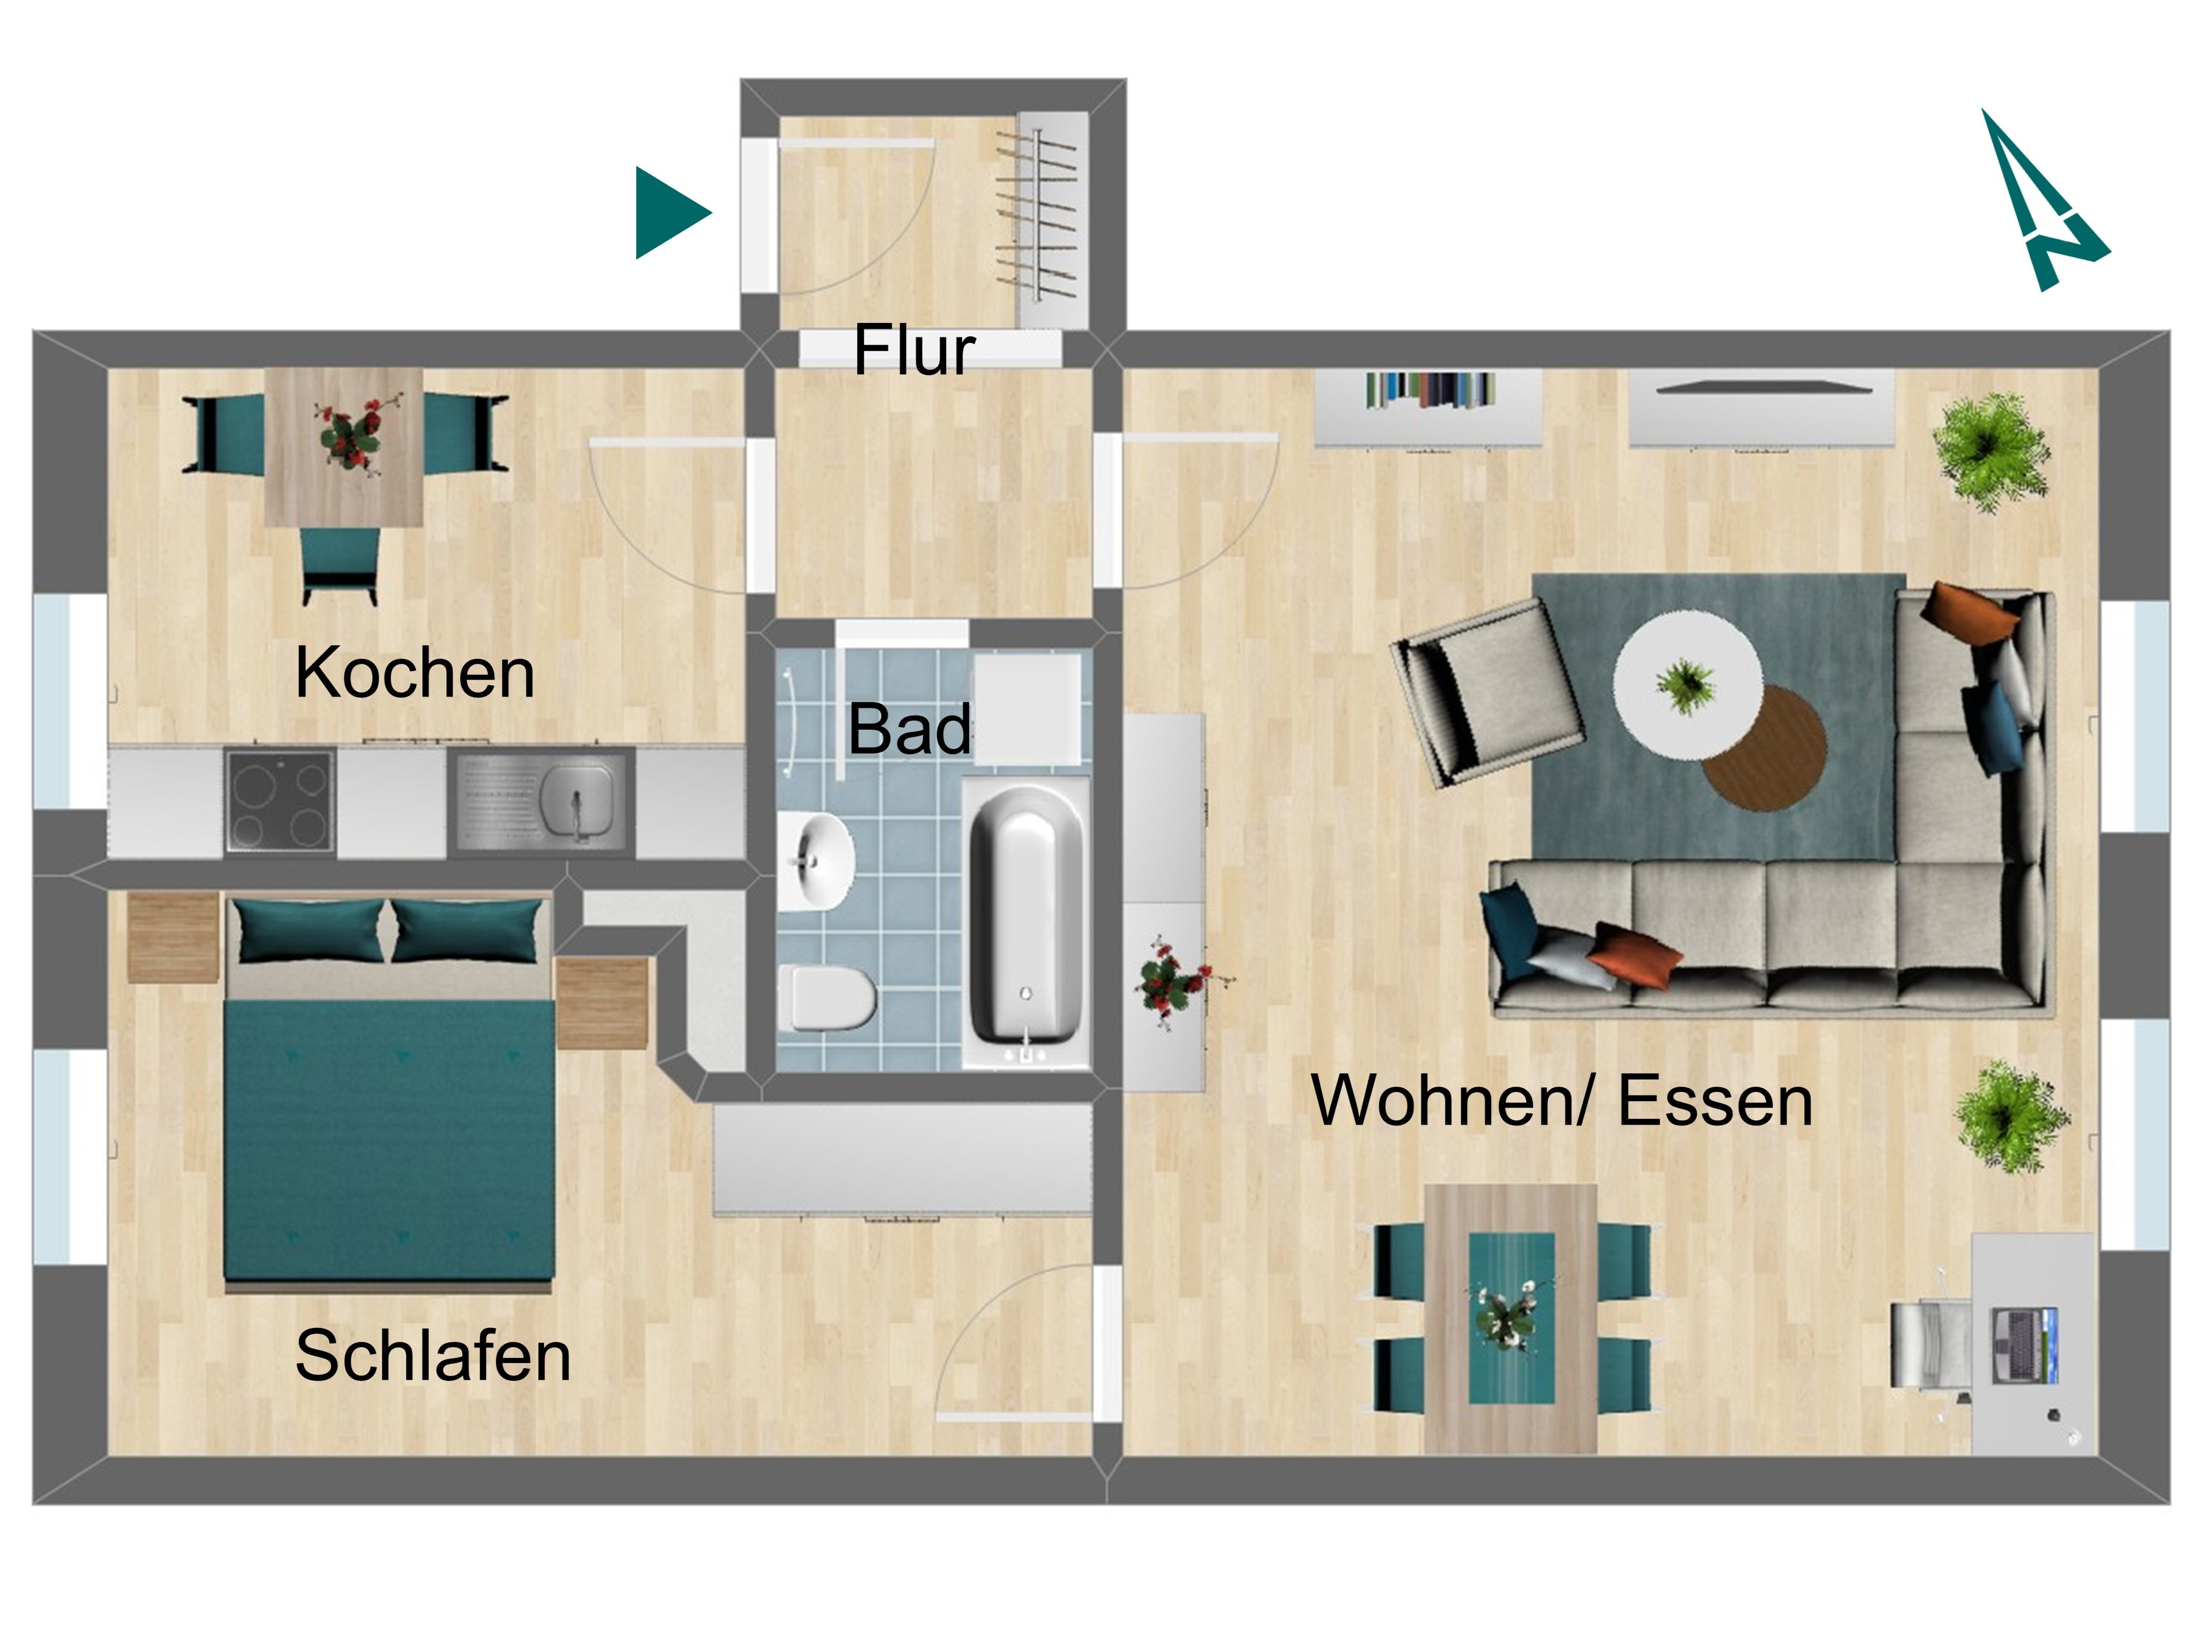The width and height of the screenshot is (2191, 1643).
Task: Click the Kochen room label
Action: pyautogui.click(x=415, y=673)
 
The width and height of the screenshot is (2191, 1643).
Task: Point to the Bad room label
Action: pyautogui.click(x=909, y=729)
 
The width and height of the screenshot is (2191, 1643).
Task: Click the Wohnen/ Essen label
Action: pyautogui.click(x=1562, y=1101)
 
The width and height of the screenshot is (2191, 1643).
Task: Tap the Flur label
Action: pyautogui.click(x=914, y=350)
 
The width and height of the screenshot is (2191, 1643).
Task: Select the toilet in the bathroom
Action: pyautogui.click(x=827, y=998)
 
